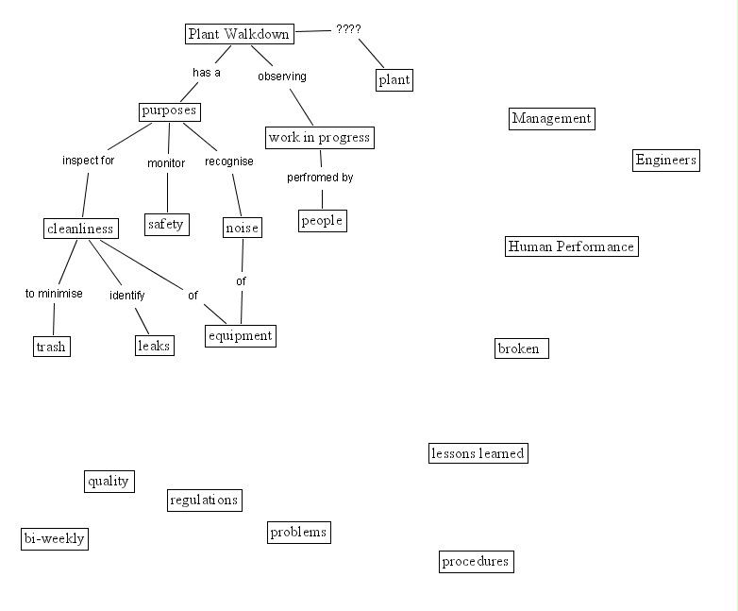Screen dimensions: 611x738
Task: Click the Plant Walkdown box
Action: pyautogui.click(x=238, y=34)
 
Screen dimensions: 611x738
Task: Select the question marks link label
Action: pyautogui.click(x=348, y=29)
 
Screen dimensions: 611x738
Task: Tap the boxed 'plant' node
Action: pyautogui.click(x=394, y=79)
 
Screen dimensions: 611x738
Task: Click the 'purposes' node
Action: pyautogui.click(x=169, y=111)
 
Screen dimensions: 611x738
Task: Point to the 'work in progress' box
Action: pyautogui.click(x=319, y=138)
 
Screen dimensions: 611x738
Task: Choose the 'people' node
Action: pyautogui.click(x=322, y=221)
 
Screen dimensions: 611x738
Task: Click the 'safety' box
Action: pyautogui.click(x=166, y=225)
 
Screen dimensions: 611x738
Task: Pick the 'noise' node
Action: pyautogui.click(x=243, y=228)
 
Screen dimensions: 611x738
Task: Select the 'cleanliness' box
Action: pyautogui.click(x=80, y=229)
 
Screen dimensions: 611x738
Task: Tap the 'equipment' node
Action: pyautogui.click(x=241, y=335)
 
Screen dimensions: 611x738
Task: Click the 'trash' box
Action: pyautogui.click(x=51, y=347)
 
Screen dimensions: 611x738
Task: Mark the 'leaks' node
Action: pyautogui.click(x=154, y=346)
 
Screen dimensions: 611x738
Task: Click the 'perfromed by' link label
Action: pyautogui.click(x=320, y=178)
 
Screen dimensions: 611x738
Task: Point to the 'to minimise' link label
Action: pyautogui.click(x=54, y=294)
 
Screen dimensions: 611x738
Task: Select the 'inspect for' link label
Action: pyautogui.click(x=88, y=161)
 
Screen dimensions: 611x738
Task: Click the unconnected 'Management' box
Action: pyautogui.click(x=551, y=118)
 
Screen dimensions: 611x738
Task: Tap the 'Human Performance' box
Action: pyautogui.click(x=571, y=246)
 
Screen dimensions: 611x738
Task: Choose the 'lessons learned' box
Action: pyautogui.click(x=477, y=453)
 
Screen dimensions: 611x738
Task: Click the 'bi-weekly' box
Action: pyautogui.click(x=54, y=539)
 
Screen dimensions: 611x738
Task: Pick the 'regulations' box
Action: pyautogui.click(x=204, y=500)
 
